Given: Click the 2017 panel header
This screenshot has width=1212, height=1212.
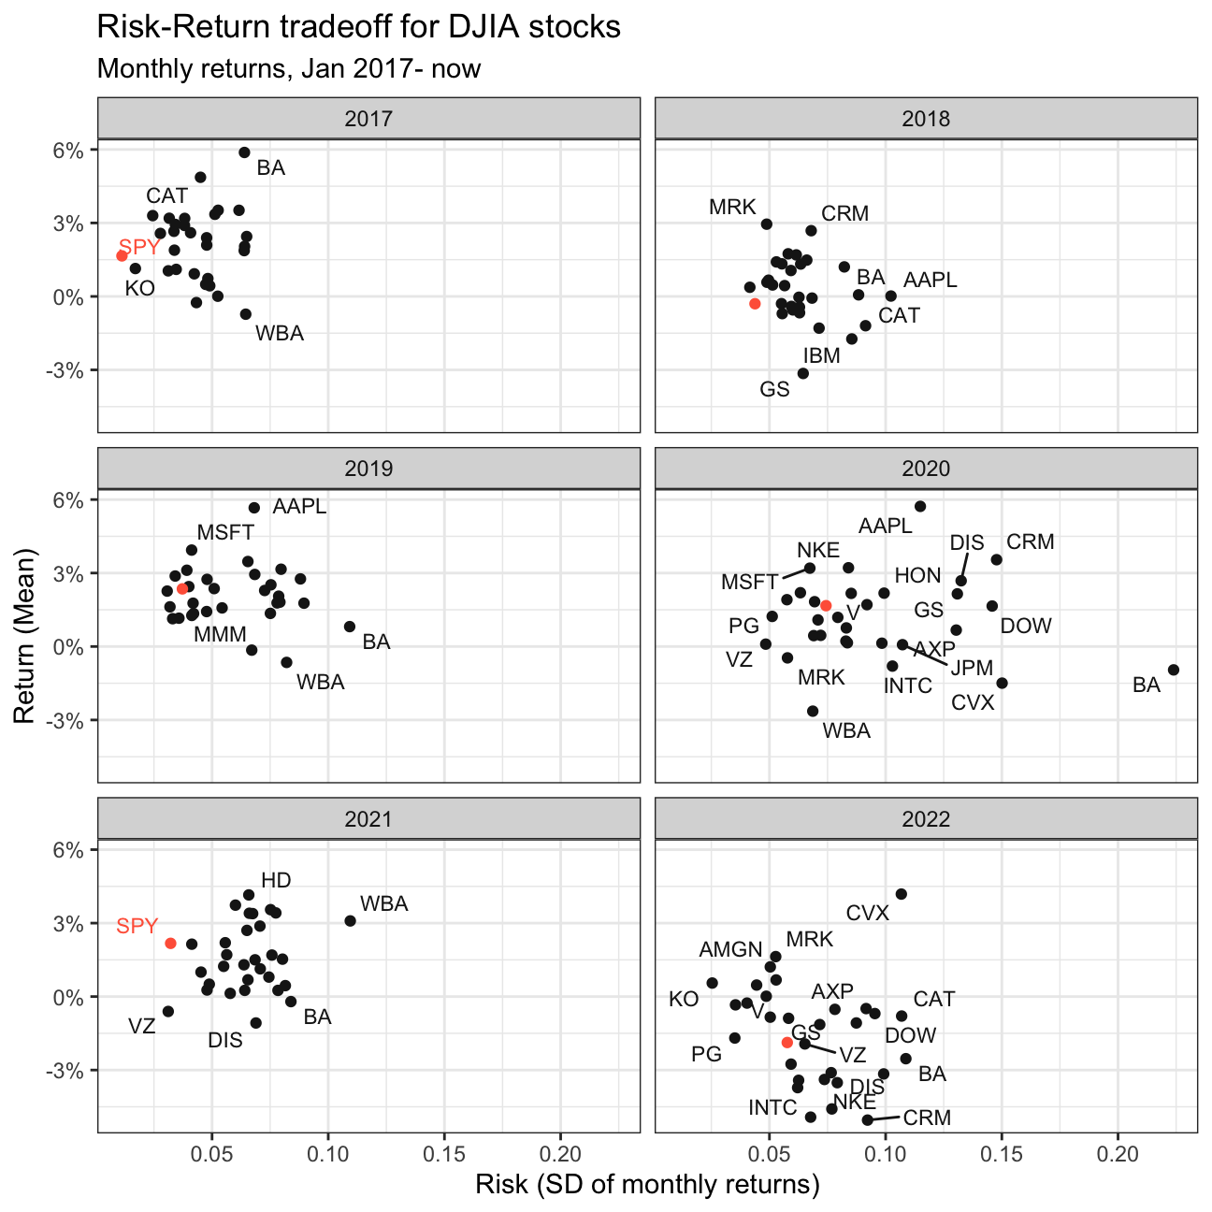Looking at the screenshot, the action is pos(368,118).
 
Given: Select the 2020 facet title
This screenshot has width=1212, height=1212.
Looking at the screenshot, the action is pos(926,469).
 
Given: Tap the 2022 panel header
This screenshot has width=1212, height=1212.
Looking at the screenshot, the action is pos(926,819).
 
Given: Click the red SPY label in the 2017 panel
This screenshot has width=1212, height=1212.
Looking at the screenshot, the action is pos(139,247).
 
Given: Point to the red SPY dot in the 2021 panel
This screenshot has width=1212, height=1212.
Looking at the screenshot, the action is pos(170,944).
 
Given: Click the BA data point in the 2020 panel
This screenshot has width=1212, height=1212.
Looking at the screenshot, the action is pos(1173,670).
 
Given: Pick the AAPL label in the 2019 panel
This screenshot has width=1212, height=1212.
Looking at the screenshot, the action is pos(299,506).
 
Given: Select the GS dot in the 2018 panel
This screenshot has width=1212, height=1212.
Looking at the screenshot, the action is pos(803,373).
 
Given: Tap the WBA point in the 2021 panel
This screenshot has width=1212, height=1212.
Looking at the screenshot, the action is pos(351,921).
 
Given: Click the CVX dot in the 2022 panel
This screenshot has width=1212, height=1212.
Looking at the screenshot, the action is pos(902,894).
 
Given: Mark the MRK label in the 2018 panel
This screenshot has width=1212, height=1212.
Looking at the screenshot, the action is pos(732,207).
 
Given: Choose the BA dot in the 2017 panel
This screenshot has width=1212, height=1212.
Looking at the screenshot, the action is pos(245,152).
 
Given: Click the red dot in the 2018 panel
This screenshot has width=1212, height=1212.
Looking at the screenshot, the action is pos(756,304).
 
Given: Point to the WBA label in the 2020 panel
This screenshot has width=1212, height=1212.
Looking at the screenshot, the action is pos(846,731).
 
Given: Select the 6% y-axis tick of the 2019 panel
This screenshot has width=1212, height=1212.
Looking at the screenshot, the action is pos(68,500).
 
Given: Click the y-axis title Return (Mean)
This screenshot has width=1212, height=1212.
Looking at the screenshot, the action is pos(24,636).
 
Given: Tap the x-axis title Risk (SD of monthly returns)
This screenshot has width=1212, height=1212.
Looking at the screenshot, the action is pos(647,1184).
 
